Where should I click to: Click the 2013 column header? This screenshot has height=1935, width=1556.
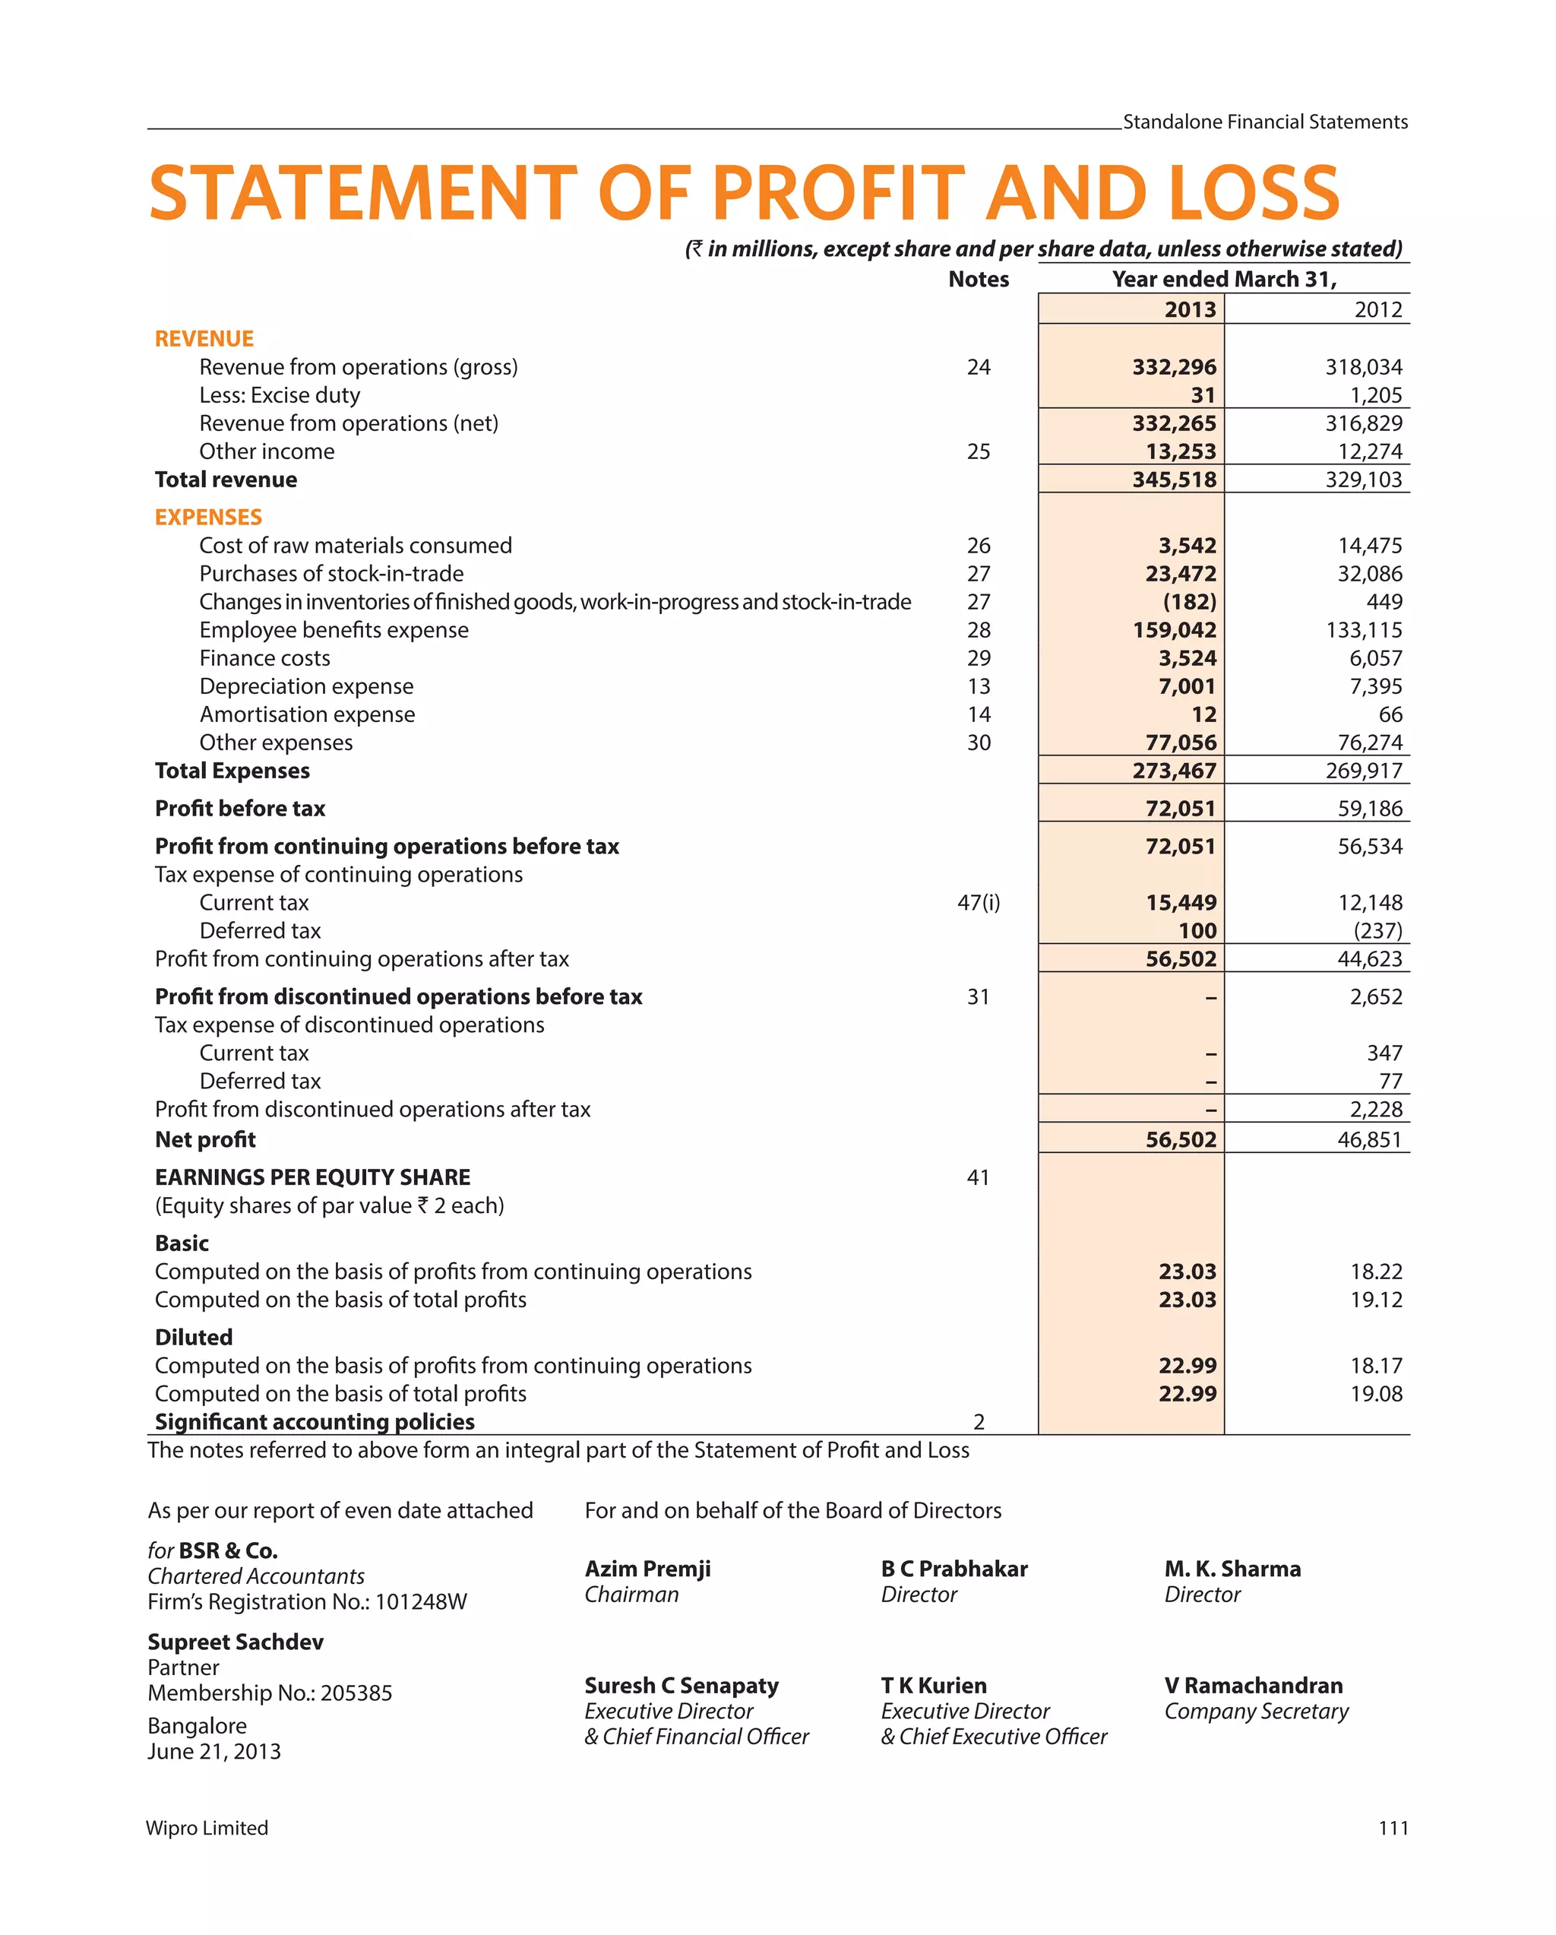tap(1189, 309)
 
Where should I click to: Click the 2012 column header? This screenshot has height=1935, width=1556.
tap(1377, 309)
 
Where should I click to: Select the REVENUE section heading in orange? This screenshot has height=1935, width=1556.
tap(204, 338)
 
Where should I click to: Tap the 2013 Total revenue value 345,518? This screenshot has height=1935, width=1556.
tap(1173, 480)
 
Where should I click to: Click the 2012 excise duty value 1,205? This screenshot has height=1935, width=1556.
tap(1374, 395)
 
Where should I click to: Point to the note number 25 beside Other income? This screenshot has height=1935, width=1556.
tap(978, 451)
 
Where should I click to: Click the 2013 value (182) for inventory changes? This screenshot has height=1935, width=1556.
tap(1189, 601)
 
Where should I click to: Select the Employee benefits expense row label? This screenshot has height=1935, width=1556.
tap(333, 630)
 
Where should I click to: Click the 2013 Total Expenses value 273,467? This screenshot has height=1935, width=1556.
tap(1173, 770)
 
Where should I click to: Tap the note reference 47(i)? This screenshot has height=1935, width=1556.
tap(978, 902)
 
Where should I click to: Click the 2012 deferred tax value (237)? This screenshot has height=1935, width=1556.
tap(1377, 931)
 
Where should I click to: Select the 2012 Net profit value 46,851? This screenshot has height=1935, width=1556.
tap(1368, 1139)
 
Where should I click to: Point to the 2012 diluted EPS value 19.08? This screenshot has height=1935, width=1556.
tap(1376, 1393)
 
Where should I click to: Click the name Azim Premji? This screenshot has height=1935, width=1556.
tap(647, 1568)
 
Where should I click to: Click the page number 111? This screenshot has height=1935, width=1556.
tap(1392, 1828)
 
